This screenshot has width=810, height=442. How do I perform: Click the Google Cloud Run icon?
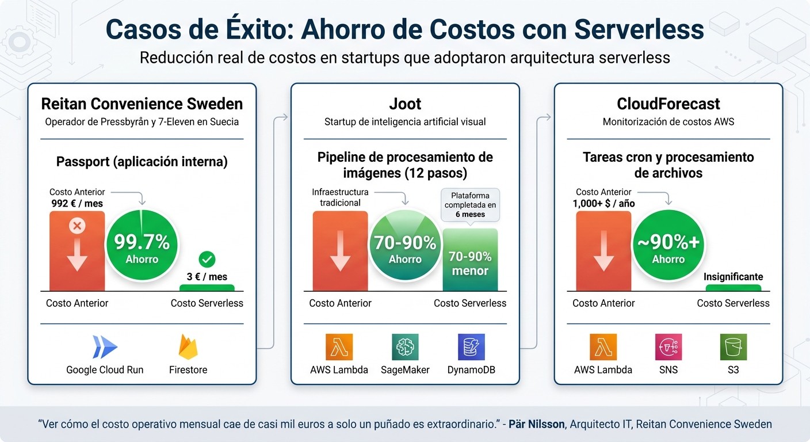pyautogui.click(x=105, y=347)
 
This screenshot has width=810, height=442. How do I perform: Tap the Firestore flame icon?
pyautogui.click(x=188, y=347)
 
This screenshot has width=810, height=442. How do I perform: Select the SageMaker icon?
pyautogui.click(x=405, y=347)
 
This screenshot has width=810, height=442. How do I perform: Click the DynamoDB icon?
pyautogui.click(x=471, y=347)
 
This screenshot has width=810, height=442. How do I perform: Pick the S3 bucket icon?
pyautogui.click(x=733, y=347)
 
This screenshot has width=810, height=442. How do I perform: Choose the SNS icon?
pyautogui.click(x=668, y=347)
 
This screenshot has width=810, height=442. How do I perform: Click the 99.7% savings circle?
pyautogui.click(x=142, y=246)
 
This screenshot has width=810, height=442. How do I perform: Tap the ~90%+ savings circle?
pyautogui.click(x=668, y=246)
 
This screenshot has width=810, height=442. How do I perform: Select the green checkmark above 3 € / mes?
pyautogui.click(x=207, y=260)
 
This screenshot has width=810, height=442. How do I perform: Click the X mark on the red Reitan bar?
pyautogui.click(x=77, y=226)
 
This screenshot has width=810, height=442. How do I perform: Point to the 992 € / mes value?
pyautogui.click(x=78, y=203)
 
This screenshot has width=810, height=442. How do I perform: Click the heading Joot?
pyautogui.click(x=405, y=104)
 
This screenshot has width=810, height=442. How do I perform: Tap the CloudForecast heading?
pyautogui.click(x=668, y=104)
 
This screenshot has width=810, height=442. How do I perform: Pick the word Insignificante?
pyautogui.click(x=733, y=277)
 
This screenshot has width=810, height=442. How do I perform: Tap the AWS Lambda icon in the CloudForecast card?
pyautogui.click(x=603, y=347)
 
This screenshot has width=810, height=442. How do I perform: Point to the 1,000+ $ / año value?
pyautogui.click(x=603, y=203)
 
